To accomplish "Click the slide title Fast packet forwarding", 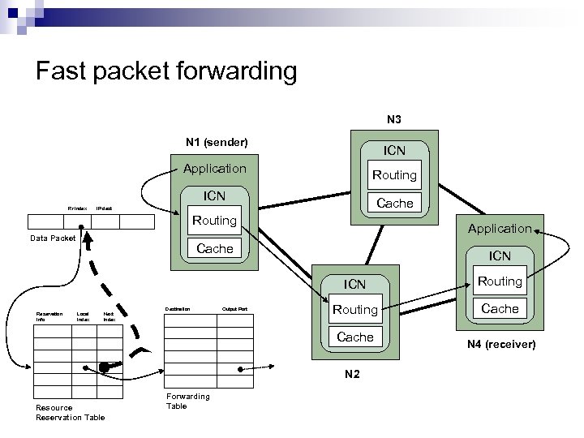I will tap(166, 71).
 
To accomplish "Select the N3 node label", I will tap(393, 119).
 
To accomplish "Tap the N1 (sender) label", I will tap(216, 143).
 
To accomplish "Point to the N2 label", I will tap(352, 375).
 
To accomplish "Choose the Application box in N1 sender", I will tap(214, 169).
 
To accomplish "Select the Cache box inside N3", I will tap(395, 203).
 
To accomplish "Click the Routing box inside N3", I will tap(393, 174).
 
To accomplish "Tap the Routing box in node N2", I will tap(355, 309).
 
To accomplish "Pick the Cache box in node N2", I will tap(355, 337).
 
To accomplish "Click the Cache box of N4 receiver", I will tap(500, 309).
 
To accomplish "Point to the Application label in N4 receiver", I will tap(499, 229).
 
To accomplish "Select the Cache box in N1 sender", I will tap(215, 248).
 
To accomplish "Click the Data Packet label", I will tap(53, 238).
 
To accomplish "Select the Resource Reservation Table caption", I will tap(70, 412).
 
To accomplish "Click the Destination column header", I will tap(178, 309).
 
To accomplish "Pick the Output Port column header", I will tap(234, 309).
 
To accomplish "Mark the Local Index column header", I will tap(83, 316).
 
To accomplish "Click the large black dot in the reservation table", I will tap(104, 368).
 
